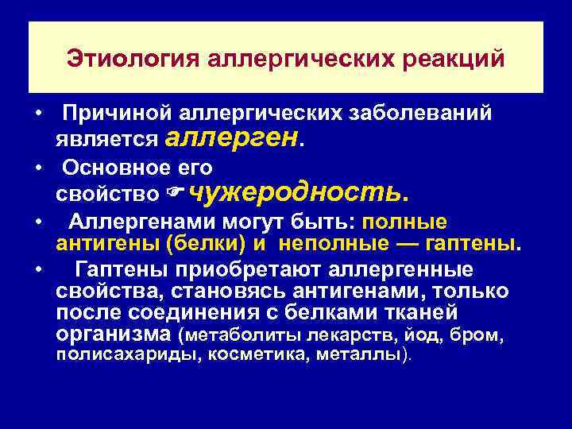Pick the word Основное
pos(116,168)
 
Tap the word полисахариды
pos(129,356)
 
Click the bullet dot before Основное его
pos(39,168)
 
